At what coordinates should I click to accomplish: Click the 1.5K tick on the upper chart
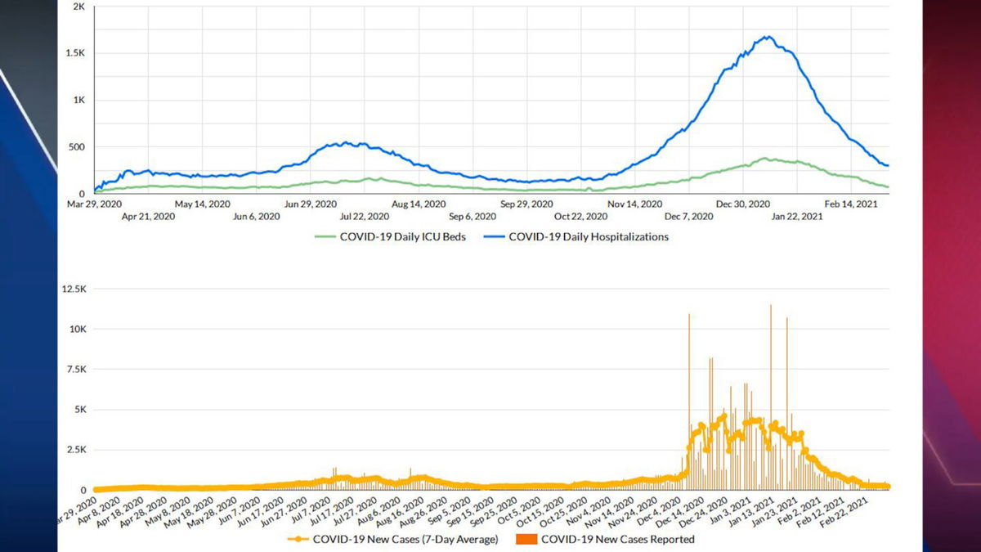pos(75,52)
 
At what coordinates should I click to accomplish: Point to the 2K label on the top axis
pos(79,7)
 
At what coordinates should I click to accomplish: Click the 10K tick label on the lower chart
pos(77,329)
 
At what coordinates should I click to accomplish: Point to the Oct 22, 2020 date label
pos(580,217)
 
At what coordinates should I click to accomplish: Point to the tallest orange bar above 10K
pos(770,306)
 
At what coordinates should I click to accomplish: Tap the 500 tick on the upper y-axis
pos(77,147)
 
